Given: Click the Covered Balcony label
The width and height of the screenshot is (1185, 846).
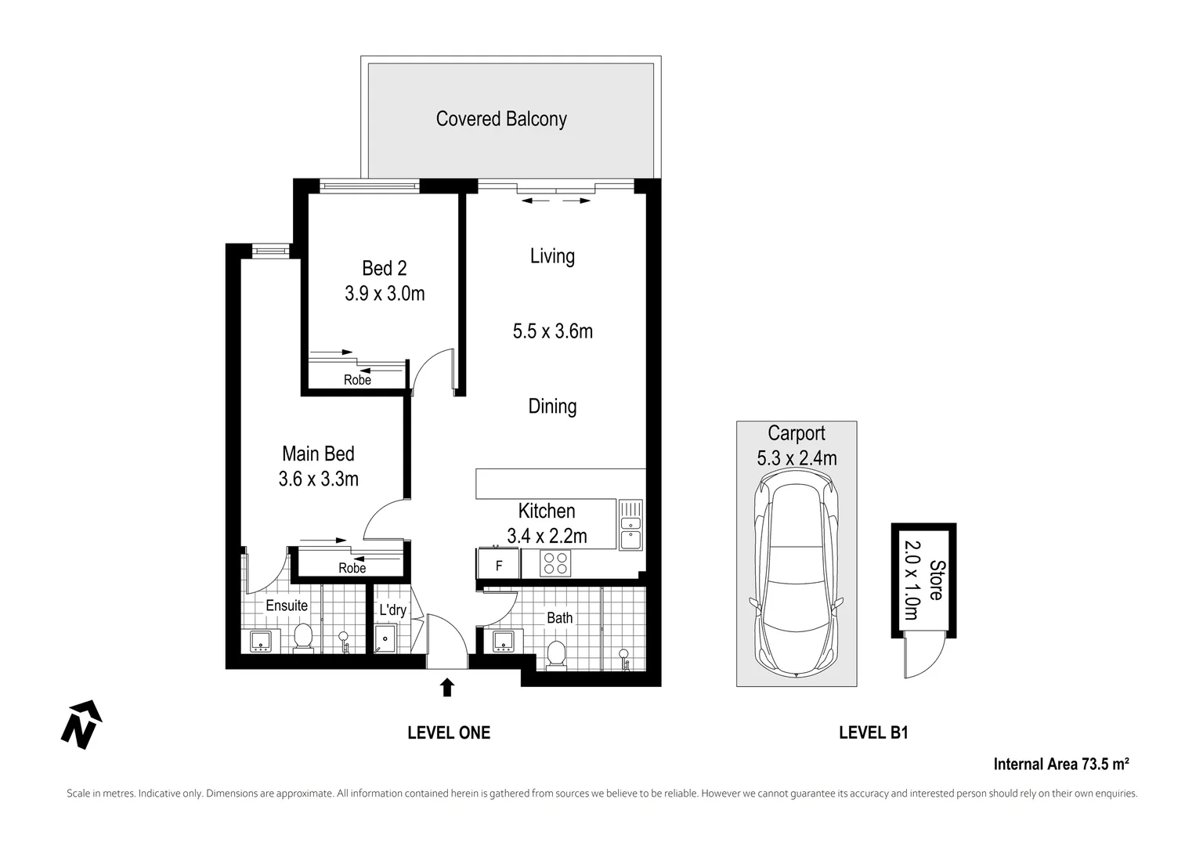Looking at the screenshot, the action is [501, 119].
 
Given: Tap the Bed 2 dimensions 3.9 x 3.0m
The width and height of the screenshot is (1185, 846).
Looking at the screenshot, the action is [385, 293].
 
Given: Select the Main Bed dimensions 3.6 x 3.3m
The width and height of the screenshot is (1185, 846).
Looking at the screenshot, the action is [319, 479].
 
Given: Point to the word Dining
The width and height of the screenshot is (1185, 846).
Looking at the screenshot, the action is [552, 407].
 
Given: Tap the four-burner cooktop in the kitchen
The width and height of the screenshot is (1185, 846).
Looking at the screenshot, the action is [555, 563].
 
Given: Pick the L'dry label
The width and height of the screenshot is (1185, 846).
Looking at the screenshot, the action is [392, 610].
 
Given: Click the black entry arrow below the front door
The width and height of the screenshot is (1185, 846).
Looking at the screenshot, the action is [447, 687].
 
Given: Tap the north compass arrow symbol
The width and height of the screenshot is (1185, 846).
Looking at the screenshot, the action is [81, 725].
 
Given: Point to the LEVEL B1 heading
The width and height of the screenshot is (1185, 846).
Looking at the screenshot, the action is [873, 732].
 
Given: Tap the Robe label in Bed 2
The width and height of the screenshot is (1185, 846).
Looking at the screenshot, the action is [357, 380].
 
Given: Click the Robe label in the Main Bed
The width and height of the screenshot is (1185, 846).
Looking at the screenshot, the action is [352, 568].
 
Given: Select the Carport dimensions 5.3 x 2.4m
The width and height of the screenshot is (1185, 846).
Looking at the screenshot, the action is [797, 458].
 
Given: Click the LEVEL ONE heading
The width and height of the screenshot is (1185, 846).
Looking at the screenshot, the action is [449, 732].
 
